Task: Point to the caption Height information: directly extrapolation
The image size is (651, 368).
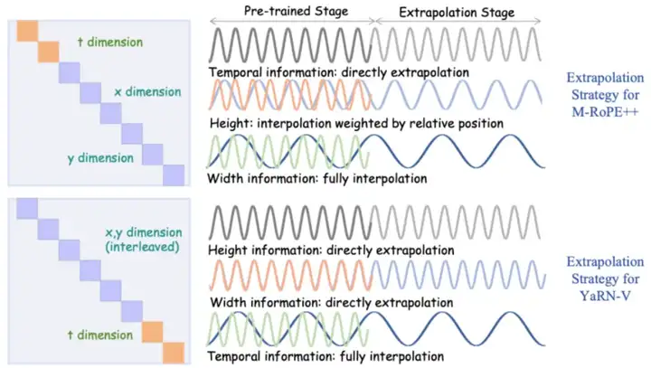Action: (x=330, y=250)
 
